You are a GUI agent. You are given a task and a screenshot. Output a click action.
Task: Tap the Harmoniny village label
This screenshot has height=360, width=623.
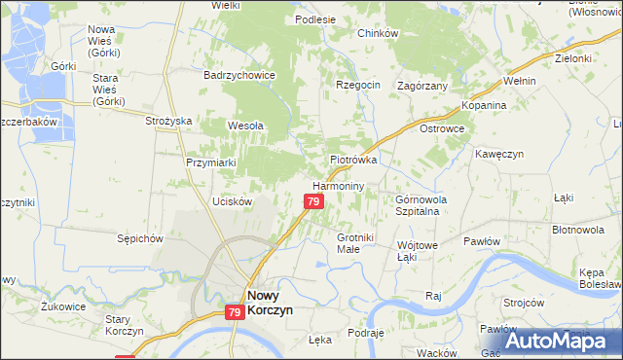338,185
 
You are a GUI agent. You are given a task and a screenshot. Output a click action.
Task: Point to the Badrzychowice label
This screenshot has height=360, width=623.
238,75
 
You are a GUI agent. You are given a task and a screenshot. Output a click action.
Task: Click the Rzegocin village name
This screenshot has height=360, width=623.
357,85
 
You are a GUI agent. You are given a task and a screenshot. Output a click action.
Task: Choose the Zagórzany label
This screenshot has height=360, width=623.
422,86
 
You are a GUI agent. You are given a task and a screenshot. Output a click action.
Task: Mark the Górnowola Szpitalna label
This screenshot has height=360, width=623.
420,205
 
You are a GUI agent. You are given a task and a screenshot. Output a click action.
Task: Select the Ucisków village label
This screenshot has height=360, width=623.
233,201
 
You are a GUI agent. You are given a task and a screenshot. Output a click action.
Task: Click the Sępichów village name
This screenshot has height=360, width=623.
137,237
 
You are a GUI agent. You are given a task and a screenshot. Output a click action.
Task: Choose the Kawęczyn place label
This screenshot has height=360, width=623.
500,154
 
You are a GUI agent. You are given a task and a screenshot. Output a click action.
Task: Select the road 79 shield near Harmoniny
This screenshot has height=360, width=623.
312,201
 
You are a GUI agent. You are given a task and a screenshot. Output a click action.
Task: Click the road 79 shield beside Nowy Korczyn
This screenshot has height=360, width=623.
234,312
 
